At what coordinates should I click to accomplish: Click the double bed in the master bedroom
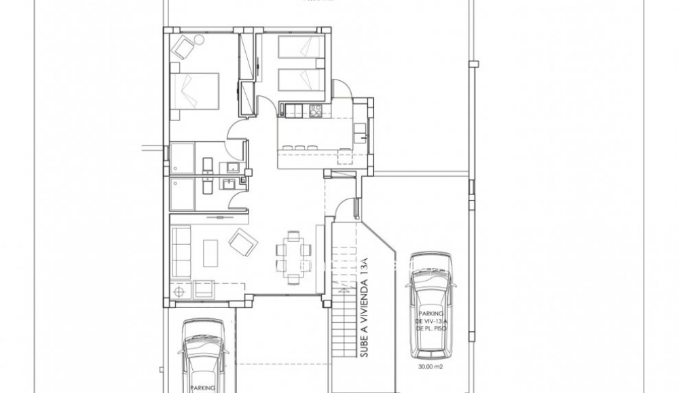coord(195,90)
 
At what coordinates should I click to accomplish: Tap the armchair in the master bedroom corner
coord(183,48)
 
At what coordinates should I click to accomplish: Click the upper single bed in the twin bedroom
coord(301,48)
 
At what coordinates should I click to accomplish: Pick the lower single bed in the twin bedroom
coord(301,79)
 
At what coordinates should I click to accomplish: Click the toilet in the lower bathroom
coord(207,184)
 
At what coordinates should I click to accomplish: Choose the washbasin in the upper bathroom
coord(232,167)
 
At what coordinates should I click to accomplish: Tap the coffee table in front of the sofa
coord(211,250)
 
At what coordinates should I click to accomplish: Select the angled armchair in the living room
coord(242,241)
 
